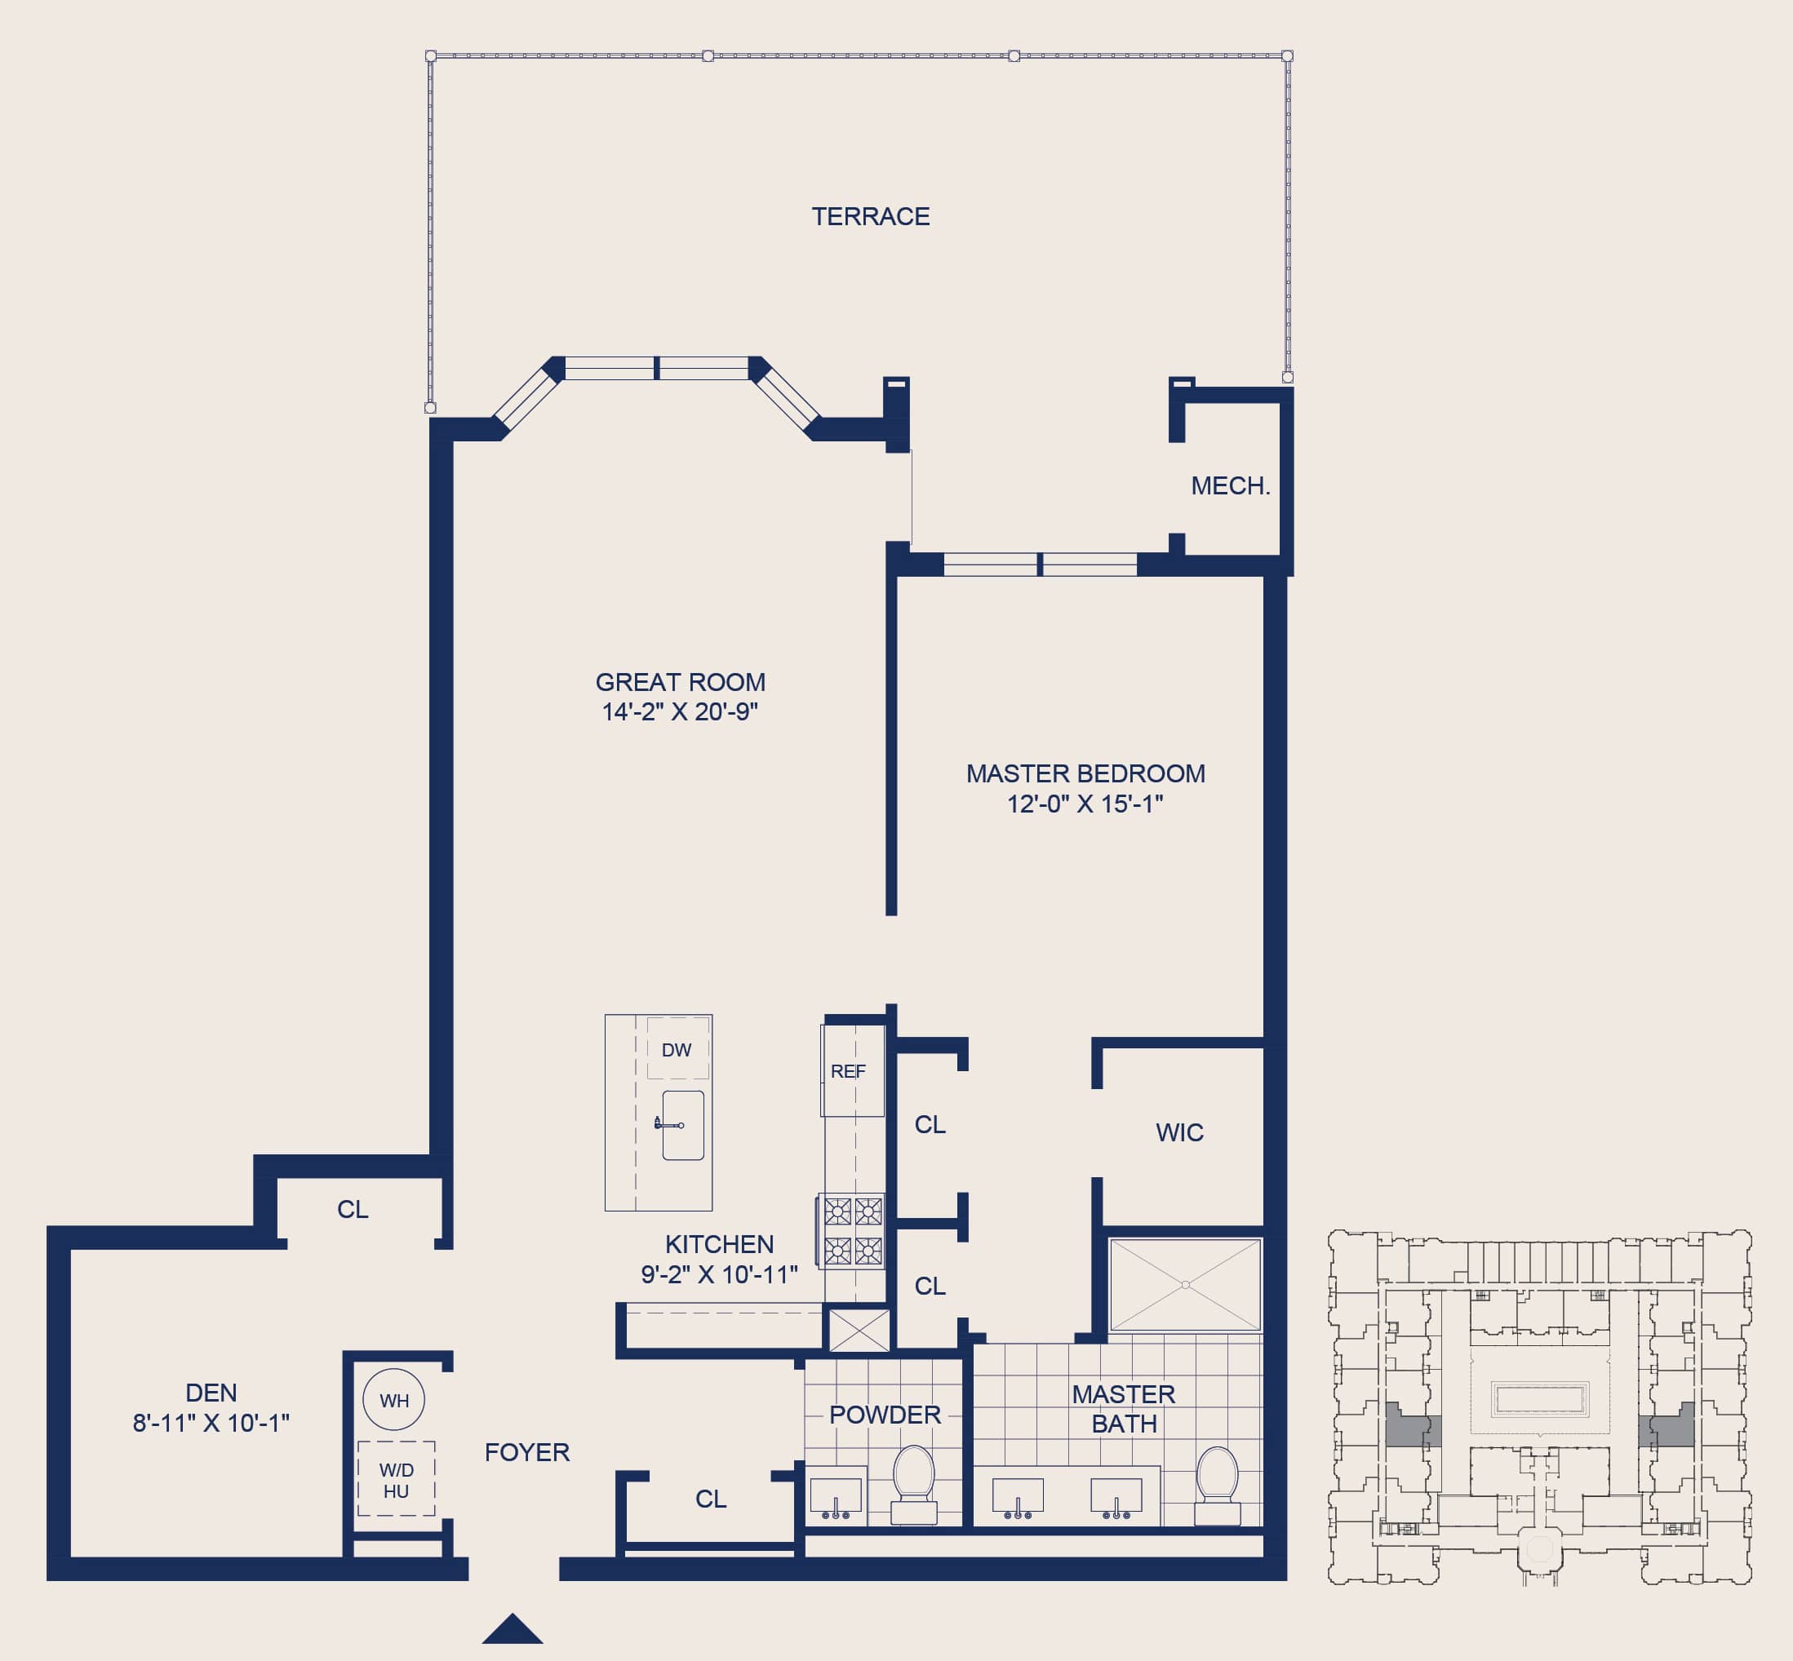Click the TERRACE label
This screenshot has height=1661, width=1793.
[871, 217]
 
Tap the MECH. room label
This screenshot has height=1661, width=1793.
[1230, 486]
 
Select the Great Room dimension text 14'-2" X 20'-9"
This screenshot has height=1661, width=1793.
[680, 712]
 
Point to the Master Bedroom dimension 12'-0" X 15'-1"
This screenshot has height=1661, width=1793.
[1085, 804]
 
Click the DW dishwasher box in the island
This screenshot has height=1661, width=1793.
[677, 1049]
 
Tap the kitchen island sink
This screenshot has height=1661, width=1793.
[683, 1125]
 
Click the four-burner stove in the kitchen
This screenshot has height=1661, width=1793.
[853, 1231]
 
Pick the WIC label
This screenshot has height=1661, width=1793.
[1180, 1132]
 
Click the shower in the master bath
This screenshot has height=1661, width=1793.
[1185, 1284]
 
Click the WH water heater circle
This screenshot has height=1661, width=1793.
[394, 1399]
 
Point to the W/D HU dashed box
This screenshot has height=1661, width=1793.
[397, 1479]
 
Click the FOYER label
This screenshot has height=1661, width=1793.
[527, 1452]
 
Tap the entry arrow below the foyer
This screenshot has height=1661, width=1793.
[513, 1628]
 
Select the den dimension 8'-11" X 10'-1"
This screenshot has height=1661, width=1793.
[211, 1423]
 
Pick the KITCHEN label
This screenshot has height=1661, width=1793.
[719, 1244]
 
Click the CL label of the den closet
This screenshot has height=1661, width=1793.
[353, 1210]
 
